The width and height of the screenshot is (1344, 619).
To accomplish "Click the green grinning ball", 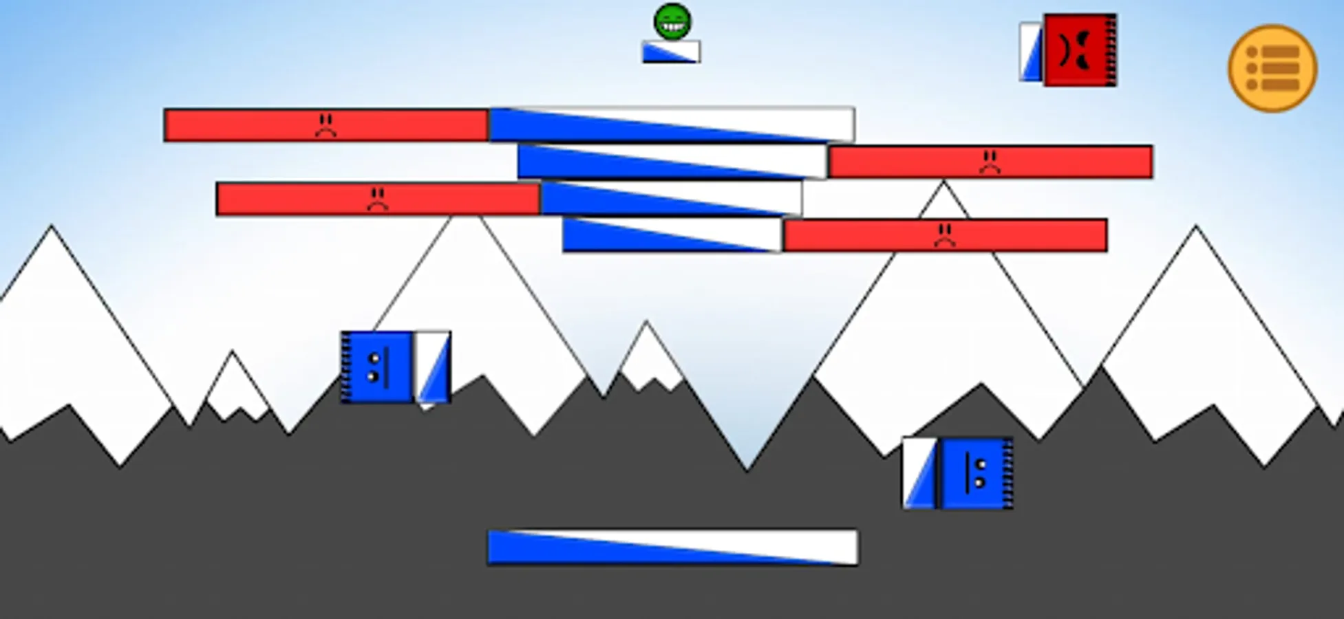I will [x=672, y=21].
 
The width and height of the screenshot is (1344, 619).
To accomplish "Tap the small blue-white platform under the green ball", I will [x=671, y=52].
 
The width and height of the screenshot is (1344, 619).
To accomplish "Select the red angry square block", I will [x=1080, y=50].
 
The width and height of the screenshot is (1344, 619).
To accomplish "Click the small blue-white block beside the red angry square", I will [x=1031, y=52].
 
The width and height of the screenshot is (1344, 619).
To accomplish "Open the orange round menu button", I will [x=1272, y=68].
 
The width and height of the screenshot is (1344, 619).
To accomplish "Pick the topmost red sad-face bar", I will [x=326, y=125].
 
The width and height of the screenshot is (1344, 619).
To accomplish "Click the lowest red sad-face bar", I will [x=945, y=236].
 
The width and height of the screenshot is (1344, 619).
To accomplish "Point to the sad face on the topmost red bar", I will [x=326, y=124].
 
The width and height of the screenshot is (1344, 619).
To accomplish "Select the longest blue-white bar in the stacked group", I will [x=672, y=124].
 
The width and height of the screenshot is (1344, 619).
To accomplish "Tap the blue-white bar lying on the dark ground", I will [x=672, y=547].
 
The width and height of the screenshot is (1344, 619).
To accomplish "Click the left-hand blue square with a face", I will [x=376, y=367].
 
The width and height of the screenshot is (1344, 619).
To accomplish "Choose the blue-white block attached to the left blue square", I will [x=432, y=367].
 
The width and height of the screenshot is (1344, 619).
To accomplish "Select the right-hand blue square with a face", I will [x=976, y=474].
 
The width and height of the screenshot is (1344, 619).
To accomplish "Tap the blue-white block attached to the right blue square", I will [x=919, y=474].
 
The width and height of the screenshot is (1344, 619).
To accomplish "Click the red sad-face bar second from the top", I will [x=990, y=162].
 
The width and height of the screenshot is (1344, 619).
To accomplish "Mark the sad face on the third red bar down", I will [x=377, y=199].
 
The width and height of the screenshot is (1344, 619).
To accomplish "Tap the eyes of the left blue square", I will [x=374, y=367].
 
